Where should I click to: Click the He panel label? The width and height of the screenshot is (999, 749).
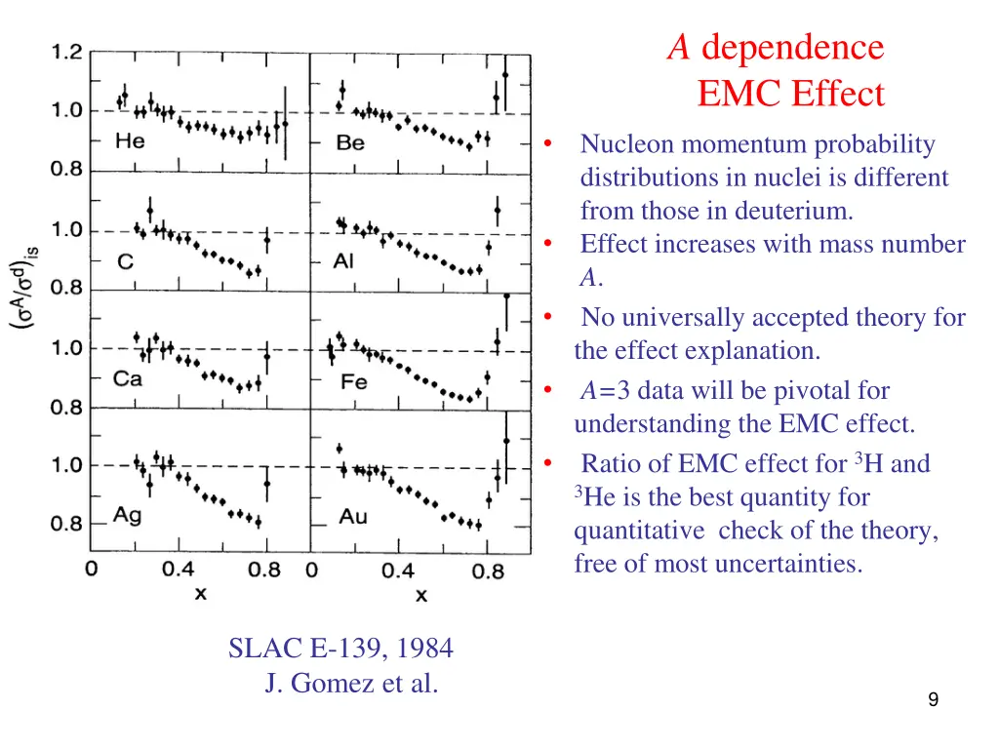pyautogui.click(x=129, y=141)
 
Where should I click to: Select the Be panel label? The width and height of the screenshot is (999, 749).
pyautogui.click(x=350, y=143)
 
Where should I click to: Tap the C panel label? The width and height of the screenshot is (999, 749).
pyautogui.click(x=126, y=261)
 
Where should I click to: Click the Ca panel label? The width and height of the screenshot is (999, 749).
pyautogui.click(x=128, y=378)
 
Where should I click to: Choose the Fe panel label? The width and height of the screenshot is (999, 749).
pyautogui.click(x=353, y=381)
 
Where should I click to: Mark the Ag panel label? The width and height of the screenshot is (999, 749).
pyautogui.click(x=128, y=515)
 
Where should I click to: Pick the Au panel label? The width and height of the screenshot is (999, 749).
pyautogui.click(x=353, y=516)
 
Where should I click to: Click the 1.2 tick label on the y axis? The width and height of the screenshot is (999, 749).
pyautogui.click(x=67, y=53)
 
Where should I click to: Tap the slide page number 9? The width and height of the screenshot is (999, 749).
pyautogui.click(x=934, y=698)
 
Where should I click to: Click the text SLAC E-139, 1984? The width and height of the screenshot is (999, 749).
pyautogui.click(x=340, y=648)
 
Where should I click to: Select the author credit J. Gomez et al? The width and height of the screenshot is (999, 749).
pyautogui.click(x=351, y=684)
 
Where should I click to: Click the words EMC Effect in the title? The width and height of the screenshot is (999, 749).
pyautogui.click(x=790, y=95)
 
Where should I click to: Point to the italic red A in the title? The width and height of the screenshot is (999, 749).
pyautogui.click(x=679, y=47)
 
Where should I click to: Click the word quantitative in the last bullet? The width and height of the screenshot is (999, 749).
pyautogui.click(x=639, y=531)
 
